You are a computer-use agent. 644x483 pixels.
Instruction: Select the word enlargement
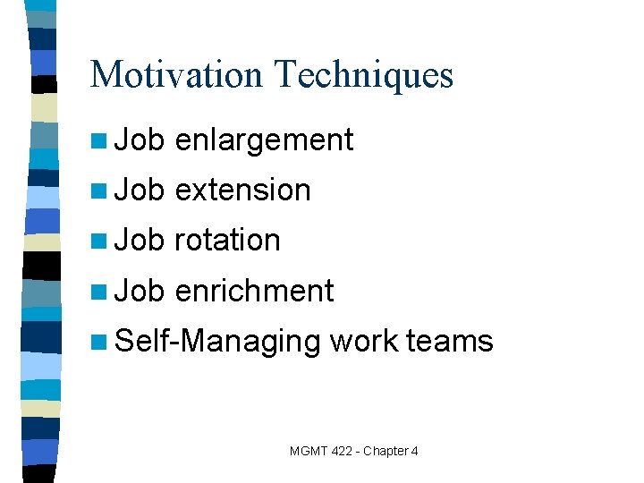click(264, 140)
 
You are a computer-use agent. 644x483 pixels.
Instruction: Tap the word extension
click(242, 190)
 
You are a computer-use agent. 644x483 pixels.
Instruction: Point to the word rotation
click(227, 240)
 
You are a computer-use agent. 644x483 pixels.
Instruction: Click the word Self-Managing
click(218, 342)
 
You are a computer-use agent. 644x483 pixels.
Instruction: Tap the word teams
click(449, 341)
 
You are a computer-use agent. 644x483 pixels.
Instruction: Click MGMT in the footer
click(309, 451)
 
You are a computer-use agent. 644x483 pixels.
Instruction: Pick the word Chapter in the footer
click(387, 451)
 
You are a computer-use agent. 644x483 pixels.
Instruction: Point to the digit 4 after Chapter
click(414, 451)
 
